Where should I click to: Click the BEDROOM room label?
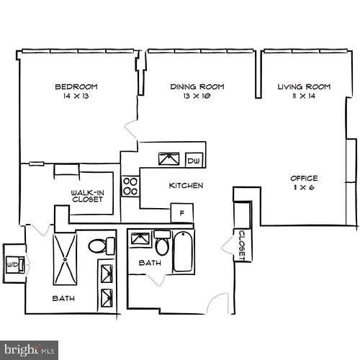[x=76, y=86]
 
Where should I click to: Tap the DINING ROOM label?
[x=197, y=86]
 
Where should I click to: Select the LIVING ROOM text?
[x=304, y=86]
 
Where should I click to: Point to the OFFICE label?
[x=304, y=178]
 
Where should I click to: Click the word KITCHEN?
[x=186, y=186]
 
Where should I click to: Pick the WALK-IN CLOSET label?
[x=86, y=196]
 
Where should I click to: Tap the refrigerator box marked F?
[x=181, y=214]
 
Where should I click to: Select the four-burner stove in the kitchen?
[x=130, y=186]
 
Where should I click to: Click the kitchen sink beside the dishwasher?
[x=171, y=159]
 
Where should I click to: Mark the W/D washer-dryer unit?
[x=14, y=264]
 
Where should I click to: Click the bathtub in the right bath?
[x=183, y=251]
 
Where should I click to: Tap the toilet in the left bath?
[x=101, y=246]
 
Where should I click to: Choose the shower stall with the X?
[x=64, y=258]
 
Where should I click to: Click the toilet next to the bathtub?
[x=162, y=246]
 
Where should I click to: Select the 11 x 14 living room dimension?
[x=304, y=96]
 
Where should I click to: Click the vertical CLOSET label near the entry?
[x=243, y=246]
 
